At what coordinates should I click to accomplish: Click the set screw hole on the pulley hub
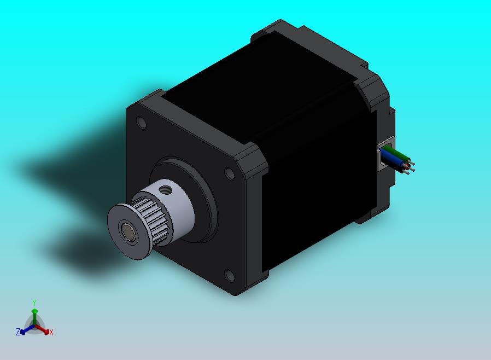click(x=165, y=189)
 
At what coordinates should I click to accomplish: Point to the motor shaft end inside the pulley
click(x=128, y=231)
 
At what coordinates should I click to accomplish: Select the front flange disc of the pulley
click(x=128, y=231)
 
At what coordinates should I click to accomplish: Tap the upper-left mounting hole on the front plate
click(x=142, y=123)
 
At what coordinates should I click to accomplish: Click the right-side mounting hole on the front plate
click(x=230, y=173)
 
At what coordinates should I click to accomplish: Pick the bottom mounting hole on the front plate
click(x=230, y=275)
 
